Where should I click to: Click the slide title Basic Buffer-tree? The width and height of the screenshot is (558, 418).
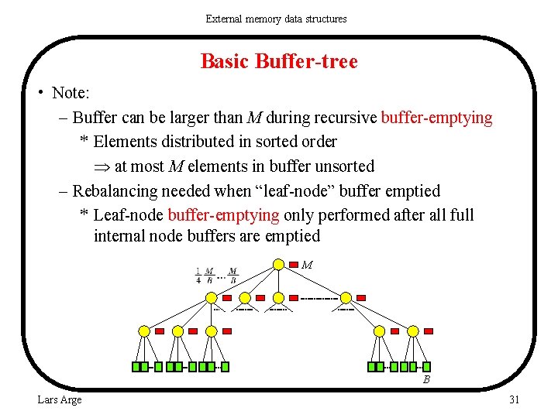279,61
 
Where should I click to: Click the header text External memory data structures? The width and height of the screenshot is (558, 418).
276,19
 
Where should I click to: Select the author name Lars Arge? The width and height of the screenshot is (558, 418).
60,399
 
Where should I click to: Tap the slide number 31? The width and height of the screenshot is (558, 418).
513,399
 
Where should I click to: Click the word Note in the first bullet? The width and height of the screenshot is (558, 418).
70,94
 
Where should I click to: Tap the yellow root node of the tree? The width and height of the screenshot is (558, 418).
278,265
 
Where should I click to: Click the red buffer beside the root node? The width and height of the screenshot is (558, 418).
294,265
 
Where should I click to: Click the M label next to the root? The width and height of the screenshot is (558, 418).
307,265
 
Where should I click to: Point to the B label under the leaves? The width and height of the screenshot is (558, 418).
425,379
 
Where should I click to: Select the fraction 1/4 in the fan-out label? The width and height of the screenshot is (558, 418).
198,276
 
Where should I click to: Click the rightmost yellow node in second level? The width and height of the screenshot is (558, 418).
346,297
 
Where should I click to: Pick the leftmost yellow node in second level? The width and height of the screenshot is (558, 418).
212,297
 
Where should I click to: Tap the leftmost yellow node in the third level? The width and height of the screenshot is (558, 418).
144,331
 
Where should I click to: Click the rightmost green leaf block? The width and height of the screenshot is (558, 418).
426,366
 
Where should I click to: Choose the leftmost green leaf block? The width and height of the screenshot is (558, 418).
136,366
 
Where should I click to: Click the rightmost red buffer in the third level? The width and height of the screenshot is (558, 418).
429,331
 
